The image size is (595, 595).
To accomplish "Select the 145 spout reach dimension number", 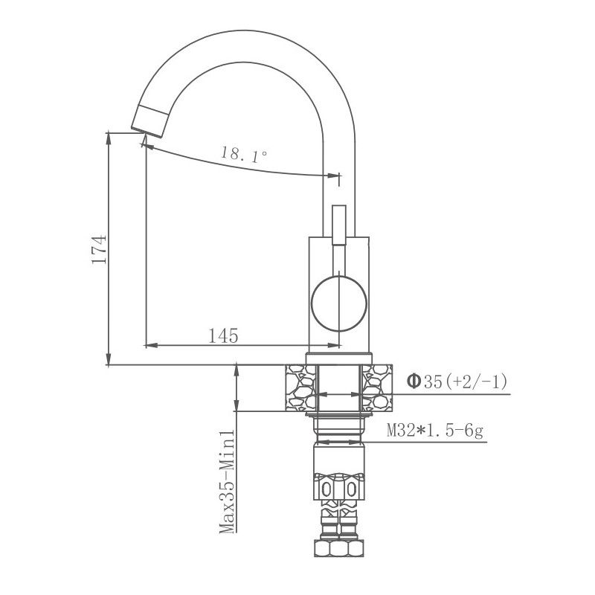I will click(x=223, y=336).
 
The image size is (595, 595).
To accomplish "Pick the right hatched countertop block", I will click(x=377, y=387).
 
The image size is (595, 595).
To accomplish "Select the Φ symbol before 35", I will click(x=414, y=382).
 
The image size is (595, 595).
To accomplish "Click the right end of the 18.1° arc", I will click(x=333, y=176).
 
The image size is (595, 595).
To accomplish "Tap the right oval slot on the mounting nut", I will click(x=351, y=489).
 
